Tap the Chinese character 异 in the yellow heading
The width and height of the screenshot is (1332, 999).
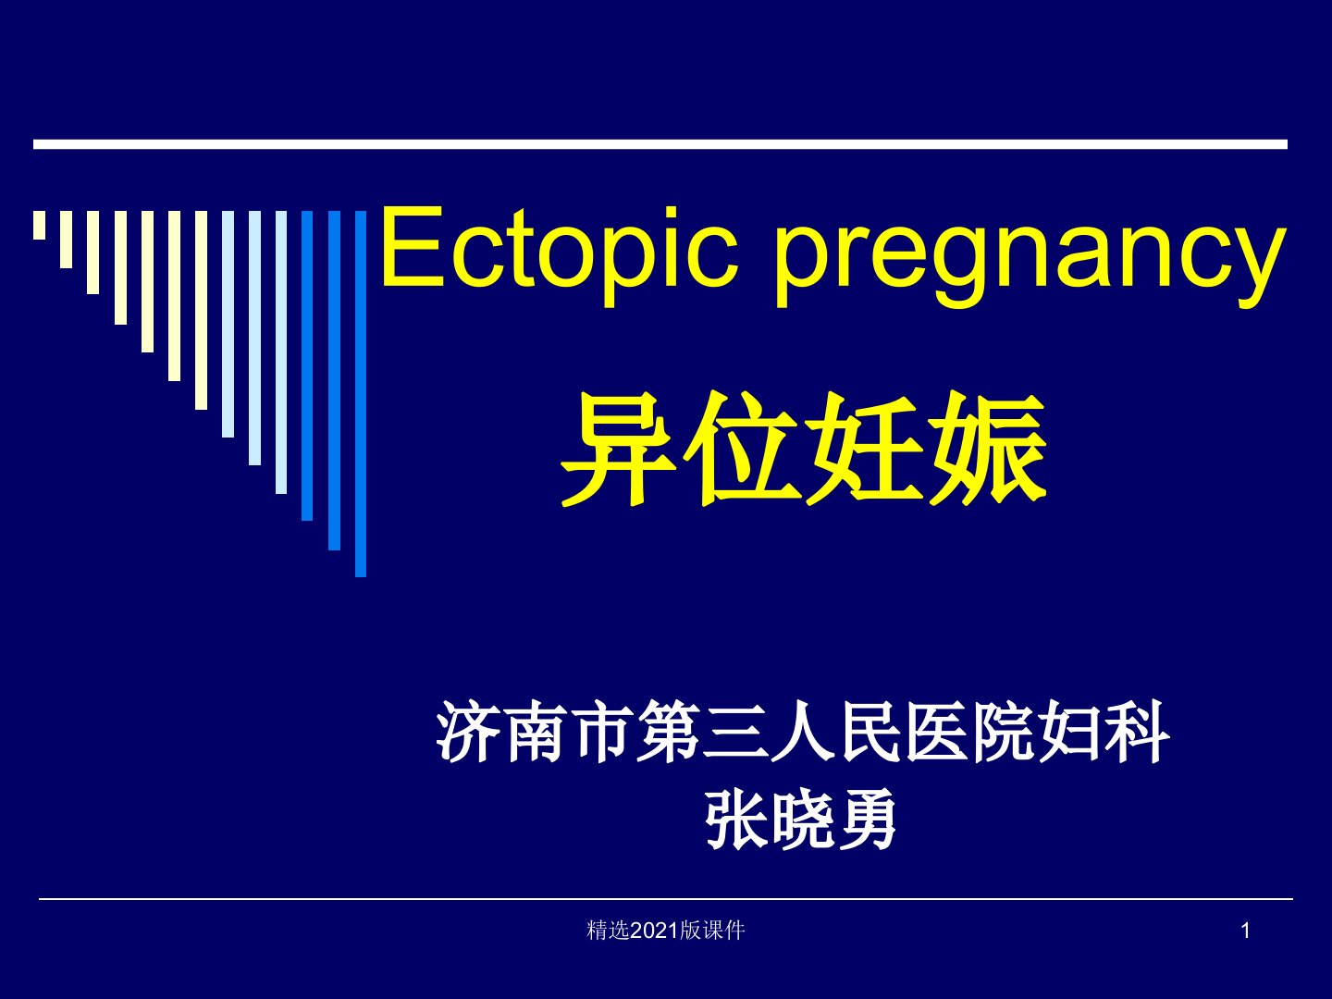[618, 449]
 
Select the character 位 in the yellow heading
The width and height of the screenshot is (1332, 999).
[741, 449]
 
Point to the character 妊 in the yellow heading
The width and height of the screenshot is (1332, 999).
[864, 449]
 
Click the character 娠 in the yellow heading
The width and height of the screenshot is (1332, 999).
[988, 449]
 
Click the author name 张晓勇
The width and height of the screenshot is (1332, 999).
[801, 819]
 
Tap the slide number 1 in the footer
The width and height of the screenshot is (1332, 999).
[1246, 931]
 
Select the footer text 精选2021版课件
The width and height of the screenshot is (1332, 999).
[666, 931]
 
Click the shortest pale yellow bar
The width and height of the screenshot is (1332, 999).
[40, 225]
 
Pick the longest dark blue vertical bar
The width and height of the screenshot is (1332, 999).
[361, 394]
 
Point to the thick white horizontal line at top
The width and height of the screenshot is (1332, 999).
[660, 144]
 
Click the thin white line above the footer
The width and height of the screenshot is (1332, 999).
[666, 899]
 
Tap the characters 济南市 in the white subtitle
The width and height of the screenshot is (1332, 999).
[534, 732]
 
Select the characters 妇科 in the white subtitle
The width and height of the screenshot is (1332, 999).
[1104, 732]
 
